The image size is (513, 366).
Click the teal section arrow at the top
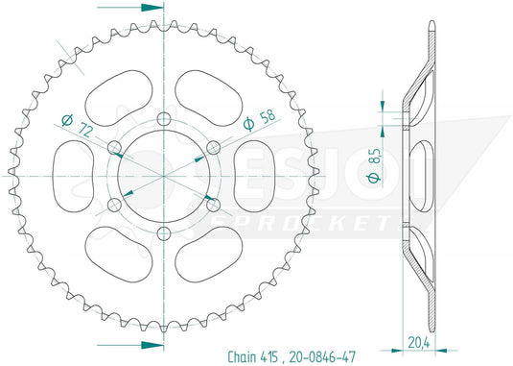click(144, 7)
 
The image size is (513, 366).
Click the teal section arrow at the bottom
click(144, 344)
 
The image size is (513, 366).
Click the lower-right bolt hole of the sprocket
click(210, 202)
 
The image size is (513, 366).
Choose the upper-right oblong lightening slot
click(204, 94)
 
